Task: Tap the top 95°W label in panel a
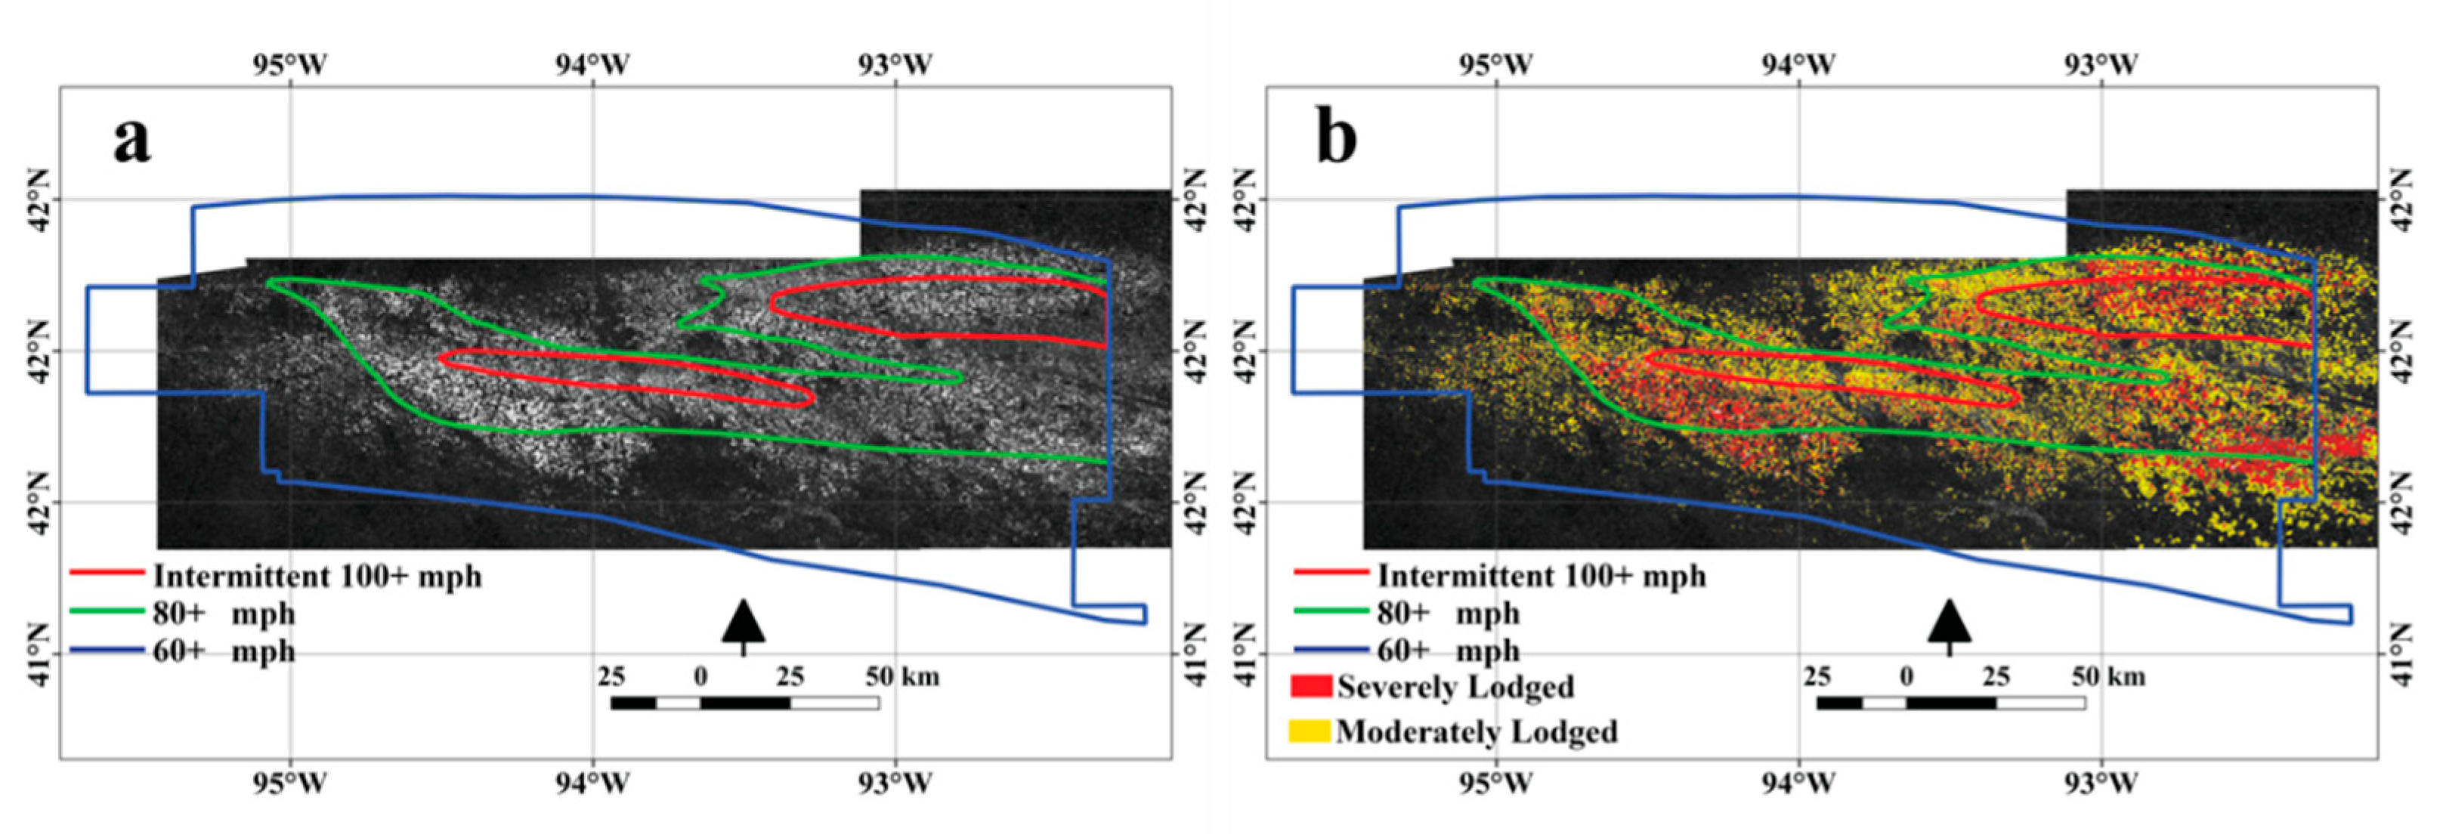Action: click(290, 64)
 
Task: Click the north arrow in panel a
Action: click(743, 626)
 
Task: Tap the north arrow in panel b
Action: click(1949, 626)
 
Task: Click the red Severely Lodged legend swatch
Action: click(1310, 686)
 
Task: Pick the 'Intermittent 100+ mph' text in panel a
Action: click(317, 577)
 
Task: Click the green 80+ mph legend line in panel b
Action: click(1331, 611)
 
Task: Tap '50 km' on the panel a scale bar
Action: click(902, 677)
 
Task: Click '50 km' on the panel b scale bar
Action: click(2107, 677)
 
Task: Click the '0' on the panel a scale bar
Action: click(700, 677)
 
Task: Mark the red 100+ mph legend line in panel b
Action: click(1331, 573)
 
